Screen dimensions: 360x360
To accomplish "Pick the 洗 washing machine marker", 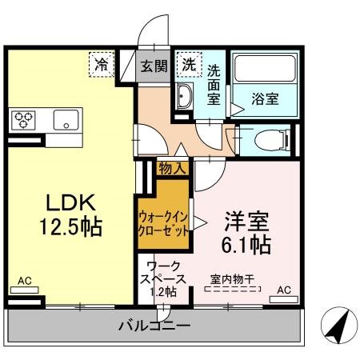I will click(x=189, y=64).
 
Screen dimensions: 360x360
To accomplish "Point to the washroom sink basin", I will click(x=184, y=99).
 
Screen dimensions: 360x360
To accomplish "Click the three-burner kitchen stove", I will click(x=24, y=120).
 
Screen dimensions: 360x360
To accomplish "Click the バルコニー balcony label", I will click(x=155, y=326).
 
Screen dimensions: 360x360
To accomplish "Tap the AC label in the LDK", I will click(x=25, y=281).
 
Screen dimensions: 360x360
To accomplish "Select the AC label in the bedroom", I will click(x=284, y=290).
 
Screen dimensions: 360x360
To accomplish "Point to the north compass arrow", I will click(x=337, y=326).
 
